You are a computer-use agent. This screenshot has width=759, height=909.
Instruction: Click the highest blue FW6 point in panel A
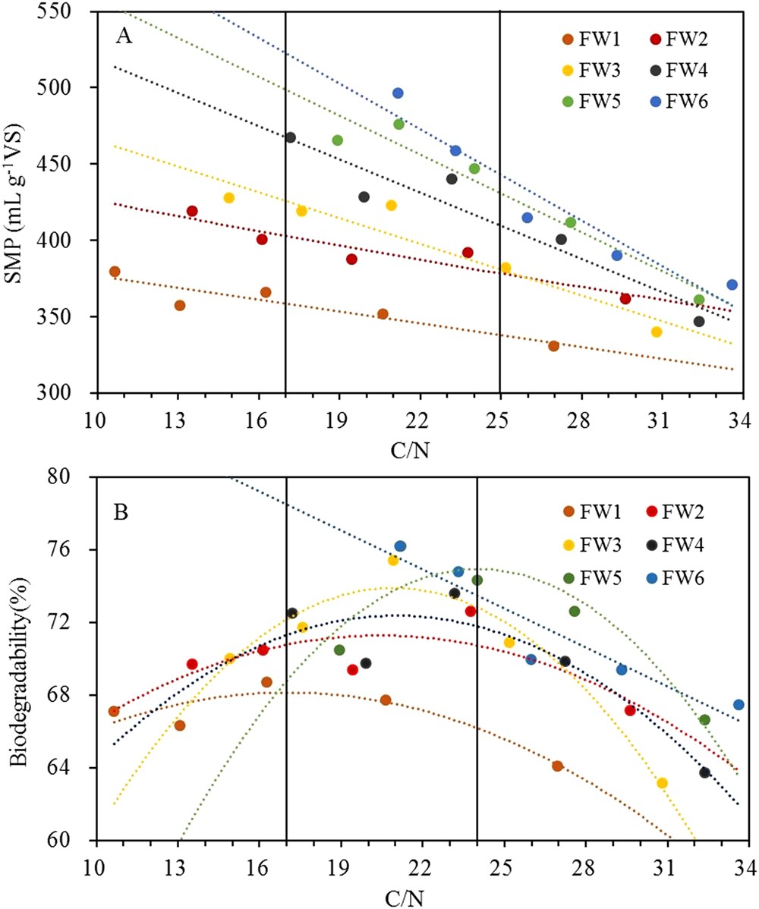[398, 93]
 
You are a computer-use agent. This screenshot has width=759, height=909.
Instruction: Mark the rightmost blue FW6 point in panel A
[732, 285]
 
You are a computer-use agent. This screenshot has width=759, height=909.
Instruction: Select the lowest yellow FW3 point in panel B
[662, 783]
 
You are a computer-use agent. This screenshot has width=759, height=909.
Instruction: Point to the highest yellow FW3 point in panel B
[393, 560]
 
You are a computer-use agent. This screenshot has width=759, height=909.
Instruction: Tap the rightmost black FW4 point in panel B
[704, 772]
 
